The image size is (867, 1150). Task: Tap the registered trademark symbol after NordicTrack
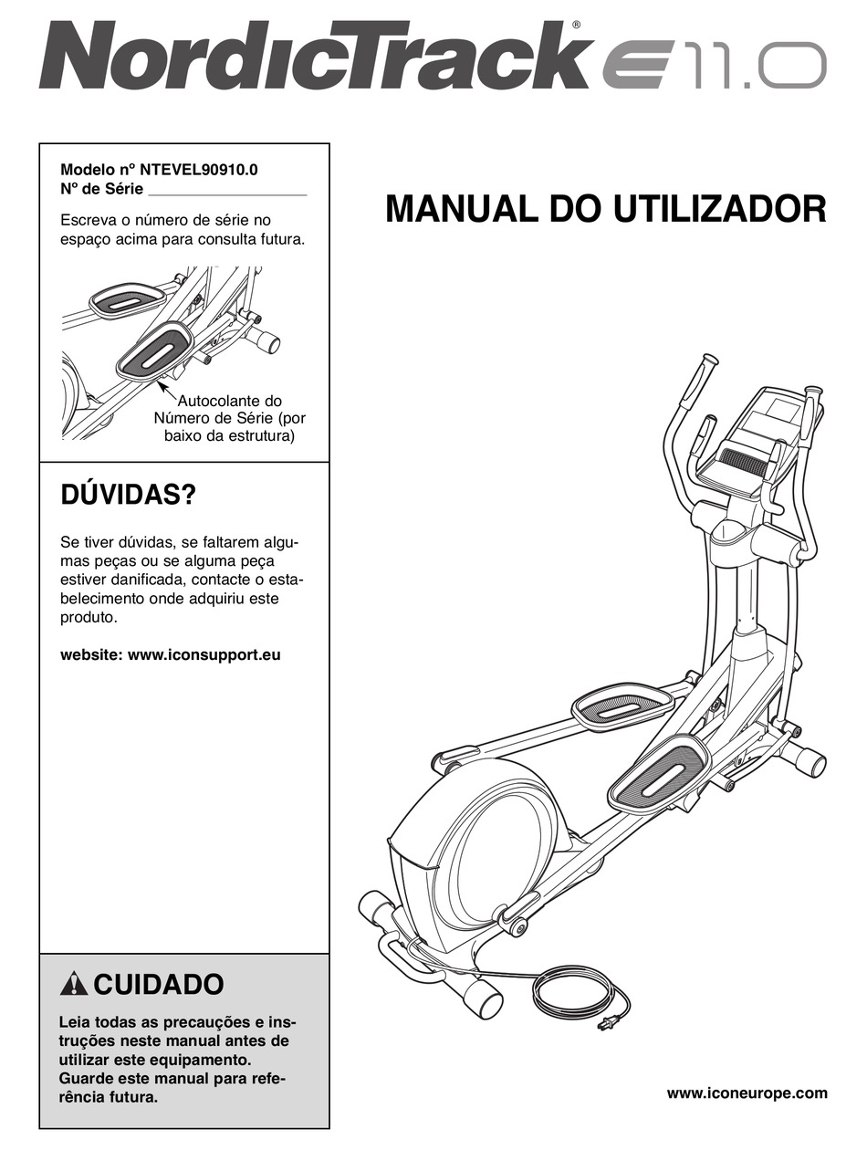(577, 26)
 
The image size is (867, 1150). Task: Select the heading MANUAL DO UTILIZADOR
(606, 209)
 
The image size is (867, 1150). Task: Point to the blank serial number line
(226, 191)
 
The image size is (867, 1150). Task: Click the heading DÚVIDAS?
(128, 497)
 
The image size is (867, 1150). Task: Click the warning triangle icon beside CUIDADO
(73, 985)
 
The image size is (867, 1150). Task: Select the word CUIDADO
(159, 985)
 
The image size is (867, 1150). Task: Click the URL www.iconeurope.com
(747, 1092)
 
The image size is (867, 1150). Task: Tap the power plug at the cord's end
(604, 1024)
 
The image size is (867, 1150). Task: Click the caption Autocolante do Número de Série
(229, 409)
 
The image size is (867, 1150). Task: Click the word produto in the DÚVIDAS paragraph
(89, 618)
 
